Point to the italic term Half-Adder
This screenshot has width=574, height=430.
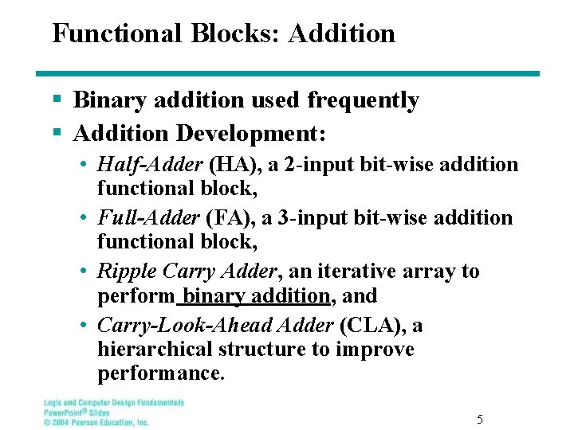click(x=150, y=165)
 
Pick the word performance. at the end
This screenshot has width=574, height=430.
click(x=161, y=373)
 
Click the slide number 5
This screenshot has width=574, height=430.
click(x=479, y=419)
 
